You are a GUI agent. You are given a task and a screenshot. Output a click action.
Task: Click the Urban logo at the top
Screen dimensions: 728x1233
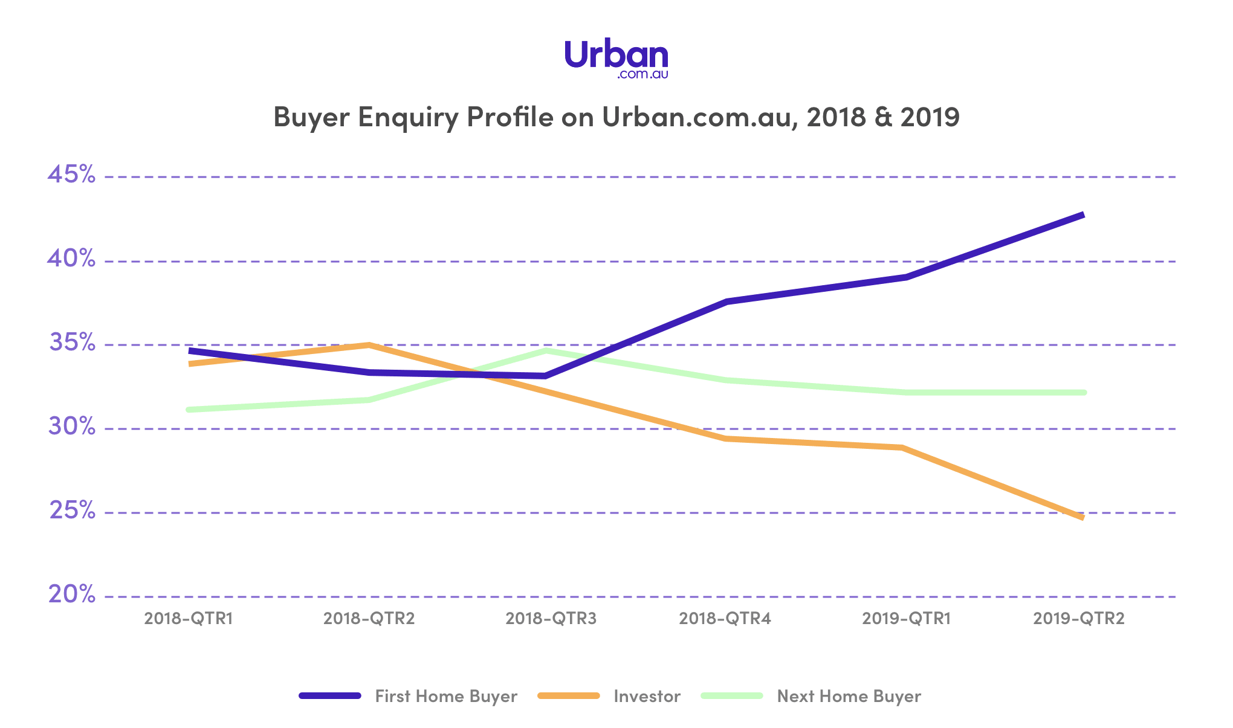[616, 59]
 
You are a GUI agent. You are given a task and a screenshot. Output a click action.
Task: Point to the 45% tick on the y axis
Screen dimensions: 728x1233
[71, 175]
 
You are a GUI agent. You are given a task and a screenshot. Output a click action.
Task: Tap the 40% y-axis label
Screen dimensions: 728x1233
[71, 259]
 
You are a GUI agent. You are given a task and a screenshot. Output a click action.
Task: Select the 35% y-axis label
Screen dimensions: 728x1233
[71, 343]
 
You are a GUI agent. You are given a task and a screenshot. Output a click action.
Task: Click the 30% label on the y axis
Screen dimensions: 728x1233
[71, 427]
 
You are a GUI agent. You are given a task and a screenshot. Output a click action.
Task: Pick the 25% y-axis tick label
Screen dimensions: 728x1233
[71, 511]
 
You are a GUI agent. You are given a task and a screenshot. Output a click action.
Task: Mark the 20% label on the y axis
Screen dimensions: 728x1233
[71, 594]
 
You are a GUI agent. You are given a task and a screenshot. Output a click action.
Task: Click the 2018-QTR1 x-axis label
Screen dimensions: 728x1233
[189, 619]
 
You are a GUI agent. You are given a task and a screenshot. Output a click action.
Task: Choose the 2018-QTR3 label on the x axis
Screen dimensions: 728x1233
[551, 619]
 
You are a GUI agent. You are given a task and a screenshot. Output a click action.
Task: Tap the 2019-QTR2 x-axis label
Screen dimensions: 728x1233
[1079, 619]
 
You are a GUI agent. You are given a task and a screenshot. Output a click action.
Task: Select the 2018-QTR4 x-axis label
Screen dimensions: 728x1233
[725, 619]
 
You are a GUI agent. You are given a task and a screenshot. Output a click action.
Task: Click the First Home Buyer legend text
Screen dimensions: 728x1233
[446, 696]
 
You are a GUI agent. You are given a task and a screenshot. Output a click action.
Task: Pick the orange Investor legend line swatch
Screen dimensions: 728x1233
[568, 696]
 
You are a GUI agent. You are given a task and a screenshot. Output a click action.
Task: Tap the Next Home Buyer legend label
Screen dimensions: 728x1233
[849, 696]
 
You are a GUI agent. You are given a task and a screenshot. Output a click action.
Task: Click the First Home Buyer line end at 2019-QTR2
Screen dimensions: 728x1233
[1083, 215]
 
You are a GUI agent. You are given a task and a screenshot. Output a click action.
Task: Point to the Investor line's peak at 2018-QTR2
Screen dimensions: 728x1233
[368, 345]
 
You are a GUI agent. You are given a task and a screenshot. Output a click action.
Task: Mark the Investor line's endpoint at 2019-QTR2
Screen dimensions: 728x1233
[1082, 518]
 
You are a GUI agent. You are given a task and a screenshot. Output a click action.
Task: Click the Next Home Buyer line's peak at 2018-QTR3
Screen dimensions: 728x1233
[546, 350]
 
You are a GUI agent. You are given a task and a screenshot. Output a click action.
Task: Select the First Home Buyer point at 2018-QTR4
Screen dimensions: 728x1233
[725, 301]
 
